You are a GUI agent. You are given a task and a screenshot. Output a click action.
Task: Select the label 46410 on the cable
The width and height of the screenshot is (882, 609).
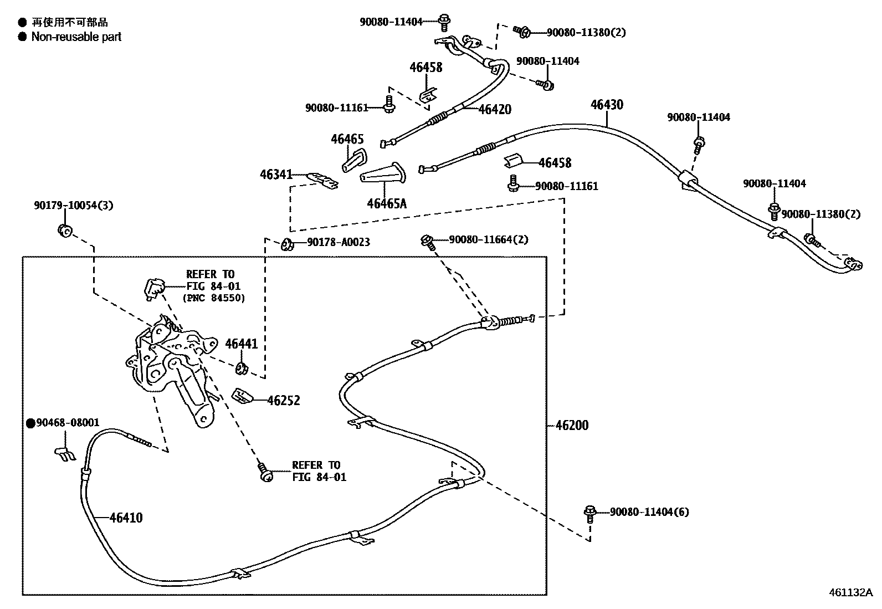[126, 518]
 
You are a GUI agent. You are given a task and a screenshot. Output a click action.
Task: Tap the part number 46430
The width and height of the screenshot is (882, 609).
[607, 105]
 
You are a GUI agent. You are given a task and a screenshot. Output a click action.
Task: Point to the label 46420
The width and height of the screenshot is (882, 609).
[495, 109]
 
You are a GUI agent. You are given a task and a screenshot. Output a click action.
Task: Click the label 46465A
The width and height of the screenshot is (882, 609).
[386, 203]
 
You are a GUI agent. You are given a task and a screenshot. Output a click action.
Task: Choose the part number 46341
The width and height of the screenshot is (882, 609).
[276, 175]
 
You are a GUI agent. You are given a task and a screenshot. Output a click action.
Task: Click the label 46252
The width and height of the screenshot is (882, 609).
[284, 400]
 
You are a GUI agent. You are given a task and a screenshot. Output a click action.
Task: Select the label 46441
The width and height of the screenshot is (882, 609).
[242, 344]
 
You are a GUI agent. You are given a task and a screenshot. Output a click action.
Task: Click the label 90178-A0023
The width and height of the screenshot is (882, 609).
[339, 242]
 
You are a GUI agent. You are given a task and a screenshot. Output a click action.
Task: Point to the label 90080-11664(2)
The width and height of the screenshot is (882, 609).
[489, 239]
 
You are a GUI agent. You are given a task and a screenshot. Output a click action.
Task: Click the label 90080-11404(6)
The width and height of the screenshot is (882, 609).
[649, 511]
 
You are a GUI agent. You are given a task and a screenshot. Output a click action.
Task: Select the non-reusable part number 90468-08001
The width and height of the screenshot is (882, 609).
[68, 423]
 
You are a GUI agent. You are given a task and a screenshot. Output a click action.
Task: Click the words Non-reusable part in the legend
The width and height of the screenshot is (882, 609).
[76, 37]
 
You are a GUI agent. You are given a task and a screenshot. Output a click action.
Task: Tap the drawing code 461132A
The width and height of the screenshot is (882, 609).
[850, 592]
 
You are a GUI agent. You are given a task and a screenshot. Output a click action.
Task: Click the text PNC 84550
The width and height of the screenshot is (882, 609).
[214, 298]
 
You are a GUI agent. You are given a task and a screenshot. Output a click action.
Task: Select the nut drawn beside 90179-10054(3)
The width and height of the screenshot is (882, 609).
[64, 230]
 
